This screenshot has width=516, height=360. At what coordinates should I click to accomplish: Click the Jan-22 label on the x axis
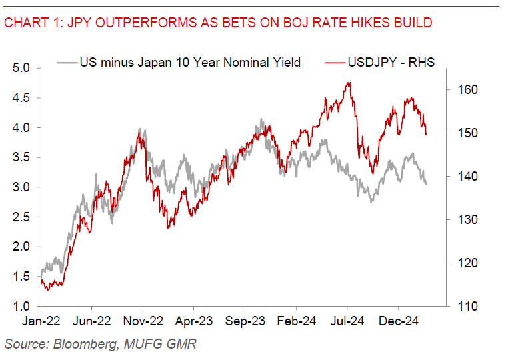tap(41, 321)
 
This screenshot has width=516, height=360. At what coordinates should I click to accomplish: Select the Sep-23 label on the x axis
tap(245, 321)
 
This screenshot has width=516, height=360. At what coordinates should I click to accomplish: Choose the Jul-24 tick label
tap(347, 321)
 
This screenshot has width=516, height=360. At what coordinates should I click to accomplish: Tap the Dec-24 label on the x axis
tap(399, 321)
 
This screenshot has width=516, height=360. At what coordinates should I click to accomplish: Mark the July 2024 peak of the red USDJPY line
tap(349, 83)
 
